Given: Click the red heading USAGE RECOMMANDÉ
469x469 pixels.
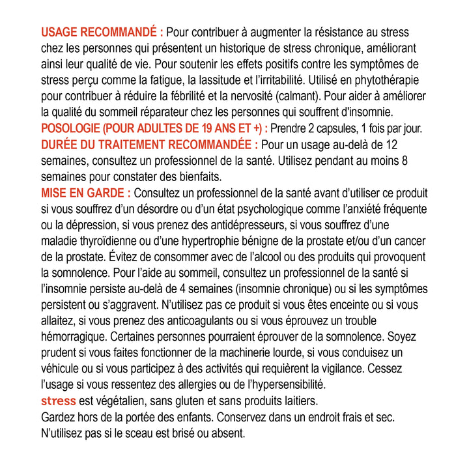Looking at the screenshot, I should point(102,32).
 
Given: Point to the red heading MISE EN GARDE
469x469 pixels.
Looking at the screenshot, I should point(86,193).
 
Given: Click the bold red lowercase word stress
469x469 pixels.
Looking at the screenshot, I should point(59,401).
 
